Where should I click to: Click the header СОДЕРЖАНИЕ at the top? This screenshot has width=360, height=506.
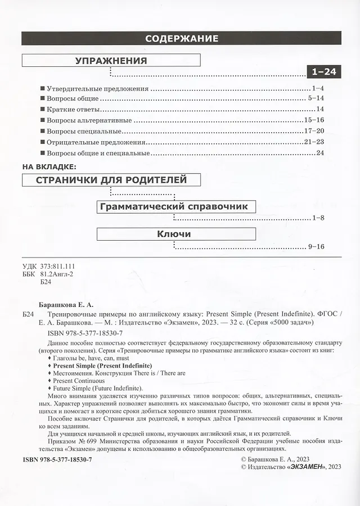pos(181,38)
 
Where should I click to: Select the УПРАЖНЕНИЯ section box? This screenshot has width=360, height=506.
pos(111,61)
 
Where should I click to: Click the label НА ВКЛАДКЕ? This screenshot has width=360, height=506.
pos(51,166)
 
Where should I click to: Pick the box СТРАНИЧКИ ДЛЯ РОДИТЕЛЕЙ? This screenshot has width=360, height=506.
pos(111,180)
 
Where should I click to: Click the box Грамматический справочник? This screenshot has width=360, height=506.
pos(173,206)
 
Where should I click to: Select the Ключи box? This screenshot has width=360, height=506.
pos(176,233)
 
